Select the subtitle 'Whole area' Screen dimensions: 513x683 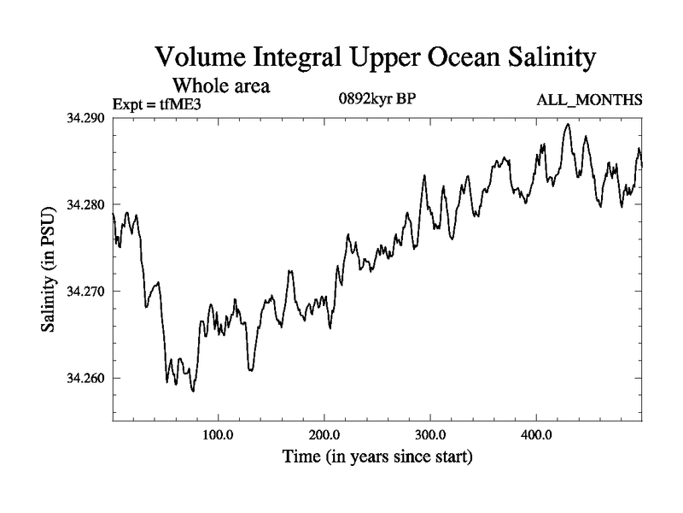(222, 85)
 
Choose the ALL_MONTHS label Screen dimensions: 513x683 (589, 102)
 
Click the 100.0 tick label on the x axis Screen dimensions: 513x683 (219, 433)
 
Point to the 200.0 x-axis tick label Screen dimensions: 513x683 (324, 433)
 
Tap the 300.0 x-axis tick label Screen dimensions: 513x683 (430, 433)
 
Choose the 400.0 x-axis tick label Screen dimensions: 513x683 (536, 433)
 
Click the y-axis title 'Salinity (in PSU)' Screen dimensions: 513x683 (52, 270)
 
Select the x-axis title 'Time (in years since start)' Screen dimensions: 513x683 (378, 457)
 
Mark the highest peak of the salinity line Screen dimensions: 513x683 (568, 124)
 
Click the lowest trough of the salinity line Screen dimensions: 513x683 (193, 391)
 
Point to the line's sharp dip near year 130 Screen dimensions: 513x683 (251, 369)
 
